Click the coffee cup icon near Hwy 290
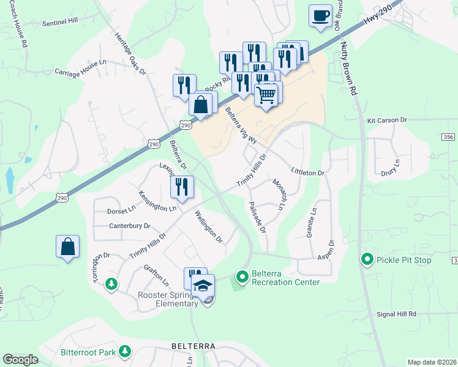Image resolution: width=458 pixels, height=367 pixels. pyautogui.click(x=321, y=16)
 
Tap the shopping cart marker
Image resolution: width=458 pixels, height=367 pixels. pyautogui.click(x=266, y=95)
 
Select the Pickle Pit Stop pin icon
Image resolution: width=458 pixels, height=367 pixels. pyautogui.click(x=367, y=260)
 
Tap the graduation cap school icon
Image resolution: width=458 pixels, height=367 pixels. pyautogui.click(x=203, y=285)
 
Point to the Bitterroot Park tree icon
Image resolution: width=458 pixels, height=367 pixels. pyautogui.click(x=125, y=351)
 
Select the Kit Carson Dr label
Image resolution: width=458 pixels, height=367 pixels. pyautogui.click(x=387, y=121)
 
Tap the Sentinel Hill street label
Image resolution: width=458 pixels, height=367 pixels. pyautogui.click(x=61, y=21)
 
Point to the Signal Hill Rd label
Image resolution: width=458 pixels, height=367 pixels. pyautogui.click(x=396, y=314)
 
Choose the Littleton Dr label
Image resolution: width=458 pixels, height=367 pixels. pyautogui.click(x=307, y=173)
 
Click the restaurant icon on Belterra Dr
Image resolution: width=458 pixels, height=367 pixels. pyautogui.click(x=182, y=187)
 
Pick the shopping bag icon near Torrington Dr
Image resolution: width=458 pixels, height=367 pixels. pyautogui.click(x=67, y=247)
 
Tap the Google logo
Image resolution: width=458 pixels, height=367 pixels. pyautogui.click(x=20, y=360)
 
